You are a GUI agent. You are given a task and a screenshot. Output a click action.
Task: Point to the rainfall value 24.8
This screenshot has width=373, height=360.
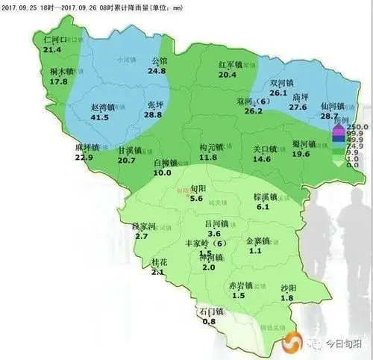(x=156, y=71)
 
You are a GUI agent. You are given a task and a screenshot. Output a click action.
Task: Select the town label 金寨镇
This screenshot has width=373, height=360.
(x=259, y=241)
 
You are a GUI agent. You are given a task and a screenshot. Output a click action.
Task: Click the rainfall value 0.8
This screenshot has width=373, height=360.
(x=209, y=321)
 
